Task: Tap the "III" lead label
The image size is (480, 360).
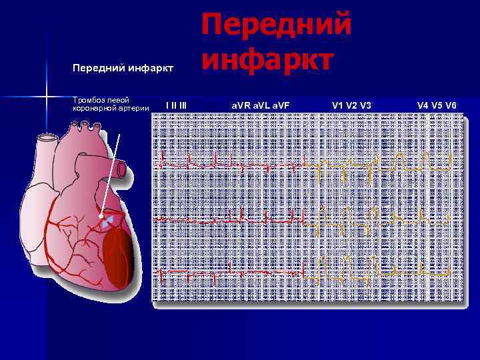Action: coord(181,105)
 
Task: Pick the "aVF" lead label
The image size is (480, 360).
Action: coord(280,105)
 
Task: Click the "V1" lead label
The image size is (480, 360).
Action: coord(337,105)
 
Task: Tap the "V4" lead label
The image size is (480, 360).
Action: coord(423,105)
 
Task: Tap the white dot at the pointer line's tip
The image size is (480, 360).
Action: coord(101,217)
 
